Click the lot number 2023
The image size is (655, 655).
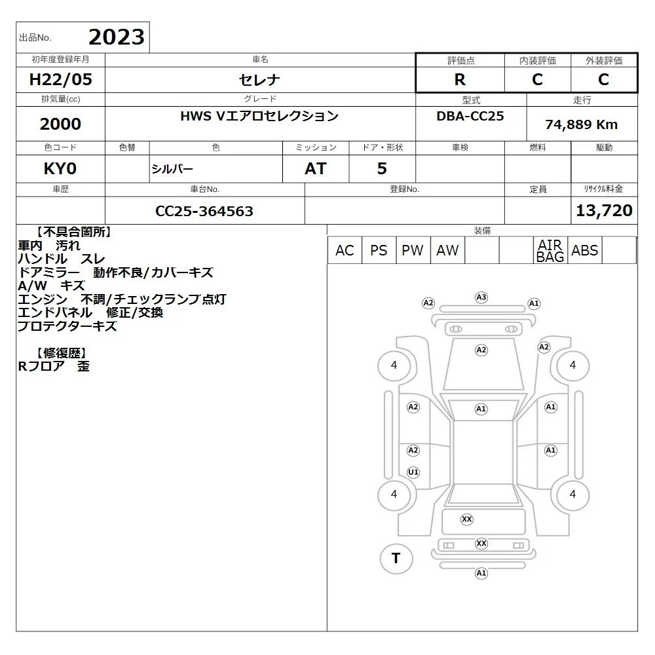point(117,37)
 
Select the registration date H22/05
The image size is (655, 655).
point(60,79)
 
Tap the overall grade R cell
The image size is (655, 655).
point(460,79)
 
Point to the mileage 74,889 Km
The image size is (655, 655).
point(581,124)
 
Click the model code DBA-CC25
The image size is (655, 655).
point(470,116)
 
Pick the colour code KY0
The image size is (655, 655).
point(60,169)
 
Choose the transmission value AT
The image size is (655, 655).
point(316,169)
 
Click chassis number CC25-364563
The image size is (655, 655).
point(204,211)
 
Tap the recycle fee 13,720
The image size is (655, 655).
point(604,210)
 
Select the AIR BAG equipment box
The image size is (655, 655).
point(550,250)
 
